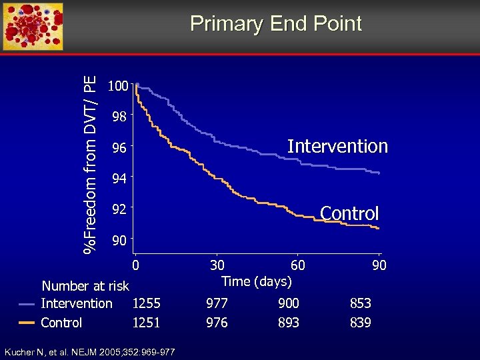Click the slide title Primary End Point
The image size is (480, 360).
[275, 24]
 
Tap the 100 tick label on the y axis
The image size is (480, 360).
[119, 87]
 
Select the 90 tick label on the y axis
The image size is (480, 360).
[119, 239]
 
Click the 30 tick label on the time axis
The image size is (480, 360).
[217, 265]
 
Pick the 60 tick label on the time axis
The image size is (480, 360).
[298, 265]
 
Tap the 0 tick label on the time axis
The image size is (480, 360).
[135, 265]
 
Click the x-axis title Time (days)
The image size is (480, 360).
[257, 281]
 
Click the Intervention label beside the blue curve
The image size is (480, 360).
[337, 146]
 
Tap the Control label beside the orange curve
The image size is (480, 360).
[349, 213]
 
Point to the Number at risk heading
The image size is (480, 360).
[85, 286]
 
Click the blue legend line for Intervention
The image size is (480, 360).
[27, 304]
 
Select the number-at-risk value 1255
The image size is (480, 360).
[146, 304]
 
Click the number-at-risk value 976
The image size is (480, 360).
[217, 323]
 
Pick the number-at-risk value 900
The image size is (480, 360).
[289, 304]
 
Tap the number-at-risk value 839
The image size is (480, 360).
[361, 323]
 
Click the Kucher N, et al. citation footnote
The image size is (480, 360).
[89, 351]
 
